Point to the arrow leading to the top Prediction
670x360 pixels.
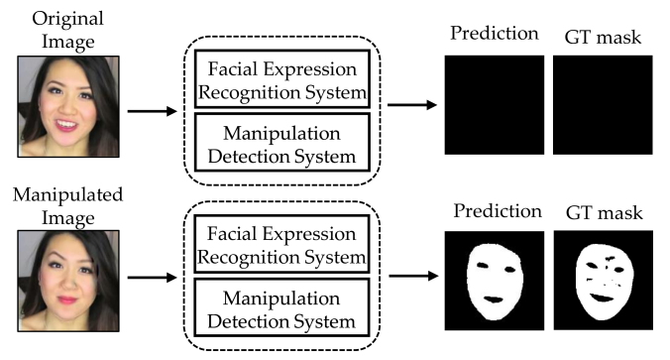coord(410,104)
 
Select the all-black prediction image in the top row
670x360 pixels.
coord(494,104)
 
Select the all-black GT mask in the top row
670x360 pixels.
coord(602,104)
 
